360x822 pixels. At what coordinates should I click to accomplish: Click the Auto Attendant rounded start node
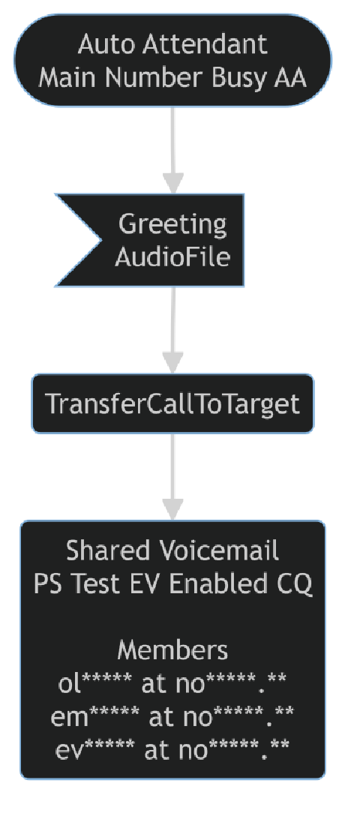pyautogui.click(x=172, y=60)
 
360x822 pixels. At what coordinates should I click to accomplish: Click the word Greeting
pyautogui.click(x=172, y=223)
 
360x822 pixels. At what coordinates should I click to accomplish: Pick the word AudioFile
pyautogui.click(x=172, y=256)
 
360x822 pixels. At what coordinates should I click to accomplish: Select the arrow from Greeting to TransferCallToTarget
pyautogui.click(x=173, y=330)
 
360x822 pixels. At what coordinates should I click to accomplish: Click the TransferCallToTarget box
pyautogui.click(x=172, y=404)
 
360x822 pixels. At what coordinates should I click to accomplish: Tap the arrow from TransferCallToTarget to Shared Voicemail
pyautogui.click(x=173, y=476)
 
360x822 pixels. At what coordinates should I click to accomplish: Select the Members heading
pyautogui.click(x=172, y=649)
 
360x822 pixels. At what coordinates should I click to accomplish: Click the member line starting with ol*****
pyautogui.click(x=172, y=683)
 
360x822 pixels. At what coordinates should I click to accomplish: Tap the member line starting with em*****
pyautogui.click(x=172, y=716)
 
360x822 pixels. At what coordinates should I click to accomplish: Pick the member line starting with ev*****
pyautogui.click(x=172, y=749)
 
